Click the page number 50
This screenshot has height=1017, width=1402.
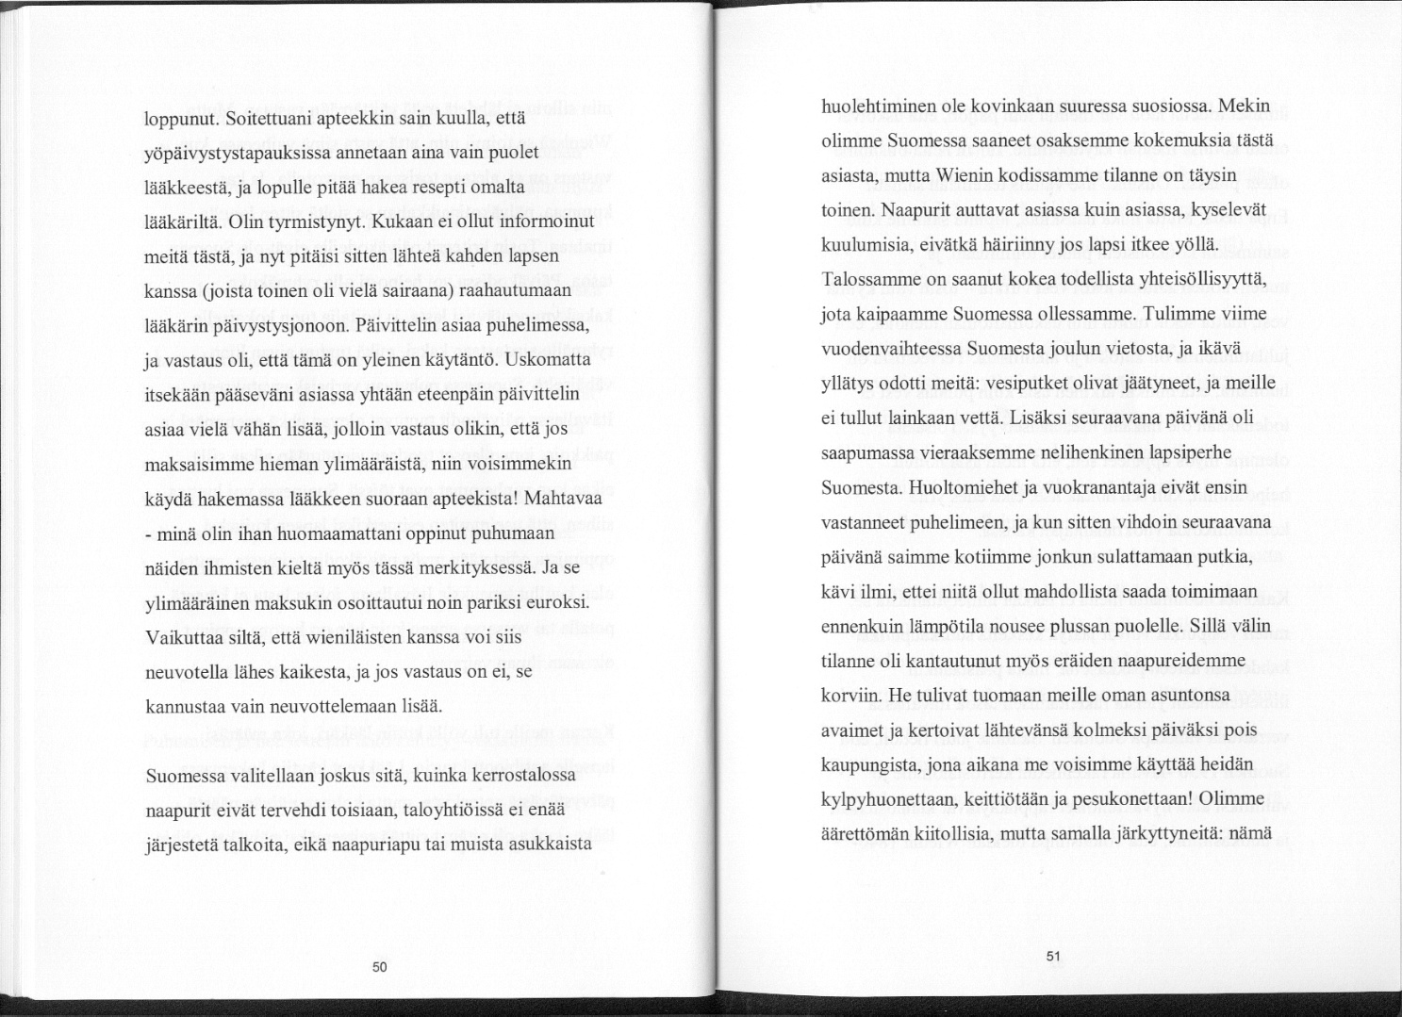tap(379, 966)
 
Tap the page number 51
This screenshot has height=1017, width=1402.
tap(1053, 956)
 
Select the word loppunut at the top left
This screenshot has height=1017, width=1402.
tap(181, 121)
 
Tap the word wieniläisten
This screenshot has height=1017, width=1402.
tap(335, 638)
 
